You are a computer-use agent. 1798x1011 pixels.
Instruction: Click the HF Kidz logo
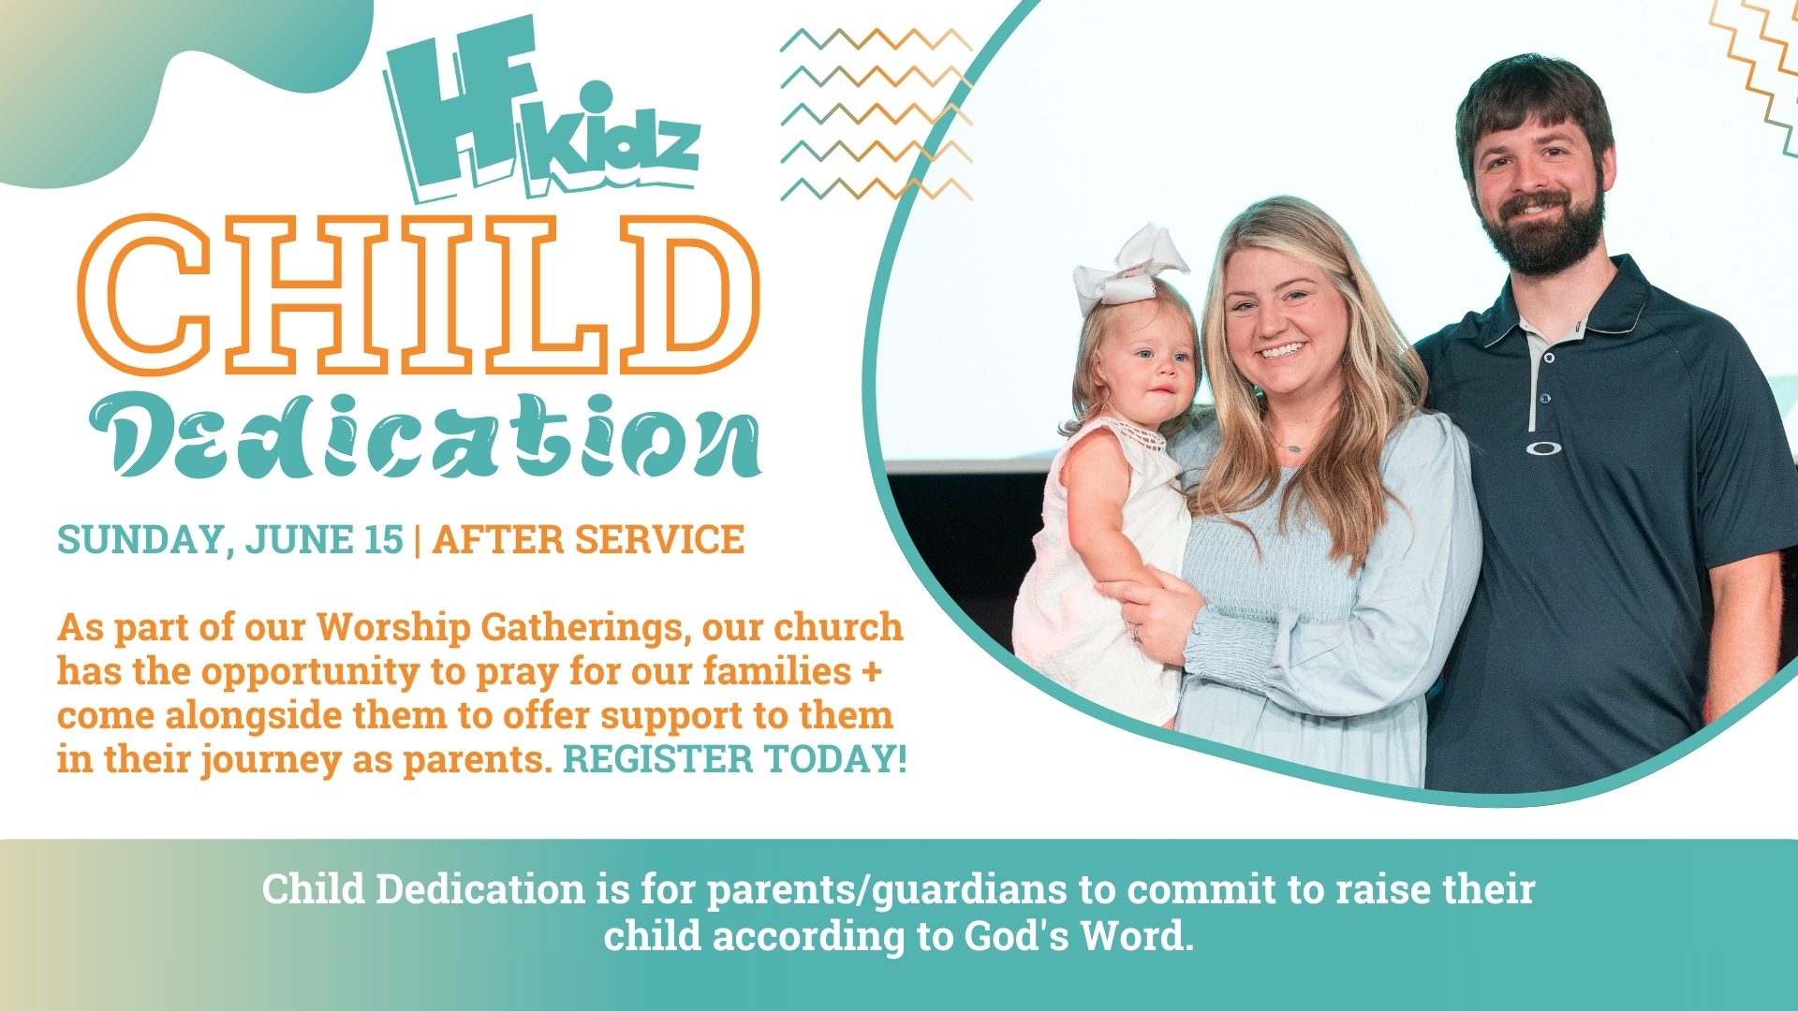point(541,110)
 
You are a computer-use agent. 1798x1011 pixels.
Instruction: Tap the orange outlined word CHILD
point(419,295)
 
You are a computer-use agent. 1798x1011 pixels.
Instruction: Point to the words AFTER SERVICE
point(588,540)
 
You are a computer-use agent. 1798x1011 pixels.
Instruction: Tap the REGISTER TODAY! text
point(735,759)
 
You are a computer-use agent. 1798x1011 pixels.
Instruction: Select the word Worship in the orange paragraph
point(393,628)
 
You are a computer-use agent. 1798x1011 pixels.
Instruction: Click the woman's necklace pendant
point(1294,448)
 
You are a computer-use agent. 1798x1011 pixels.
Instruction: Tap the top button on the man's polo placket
point(1549,359)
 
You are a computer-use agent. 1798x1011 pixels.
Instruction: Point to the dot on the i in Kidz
point(596,96)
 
